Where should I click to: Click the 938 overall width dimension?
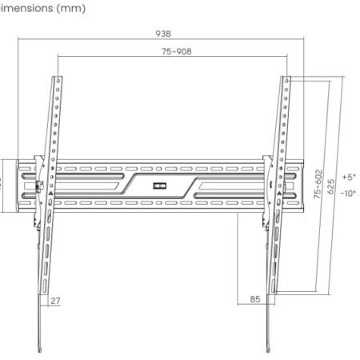point(163,34)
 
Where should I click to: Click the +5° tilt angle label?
point(348,177)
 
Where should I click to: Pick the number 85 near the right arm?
point(255,301)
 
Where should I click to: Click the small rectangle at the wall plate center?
point(162,187)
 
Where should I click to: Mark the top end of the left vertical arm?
point(58,78)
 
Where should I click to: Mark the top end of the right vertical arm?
point(286,78)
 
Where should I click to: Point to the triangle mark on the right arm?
point(277,194)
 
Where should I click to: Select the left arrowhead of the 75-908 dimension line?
point(59,57)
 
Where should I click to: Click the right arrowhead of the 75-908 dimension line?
point(288,57)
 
